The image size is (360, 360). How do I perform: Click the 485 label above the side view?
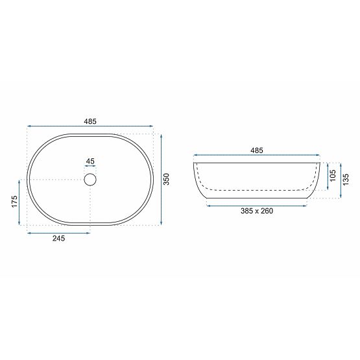[x=257, y=150]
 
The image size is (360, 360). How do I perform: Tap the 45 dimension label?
[x=90, y=162]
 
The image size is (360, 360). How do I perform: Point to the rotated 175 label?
[x=14, y=202]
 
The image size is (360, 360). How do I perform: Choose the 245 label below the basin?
[x=58, y=238]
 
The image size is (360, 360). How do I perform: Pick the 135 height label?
[x=346, y=177]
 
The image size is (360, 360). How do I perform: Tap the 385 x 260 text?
[x=257, y=211]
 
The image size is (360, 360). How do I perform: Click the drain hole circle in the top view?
[x=90, y=179]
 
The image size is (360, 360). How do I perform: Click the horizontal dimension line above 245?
[x=58, y=231]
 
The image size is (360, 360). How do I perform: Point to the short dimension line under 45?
[x=90, y=167]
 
